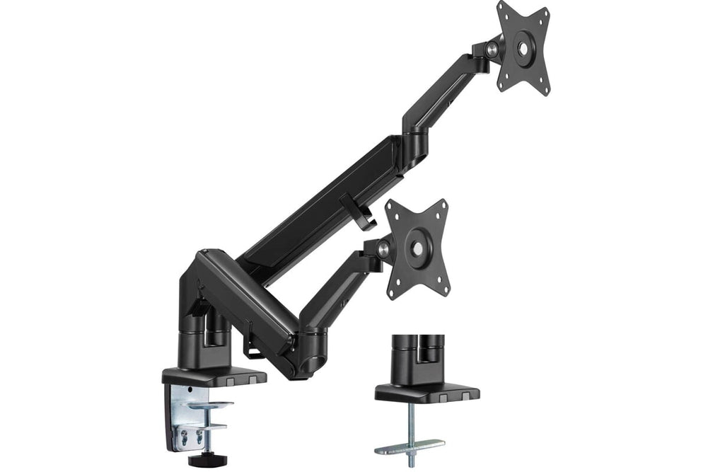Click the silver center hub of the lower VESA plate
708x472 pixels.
point(419,248)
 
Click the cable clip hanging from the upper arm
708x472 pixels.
point(358,212)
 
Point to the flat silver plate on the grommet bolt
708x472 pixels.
point(410,446)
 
